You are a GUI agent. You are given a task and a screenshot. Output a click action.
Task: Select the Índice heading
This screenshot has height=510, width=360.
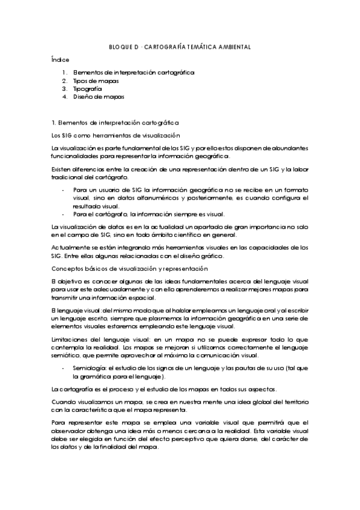[x=60, y=60]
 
